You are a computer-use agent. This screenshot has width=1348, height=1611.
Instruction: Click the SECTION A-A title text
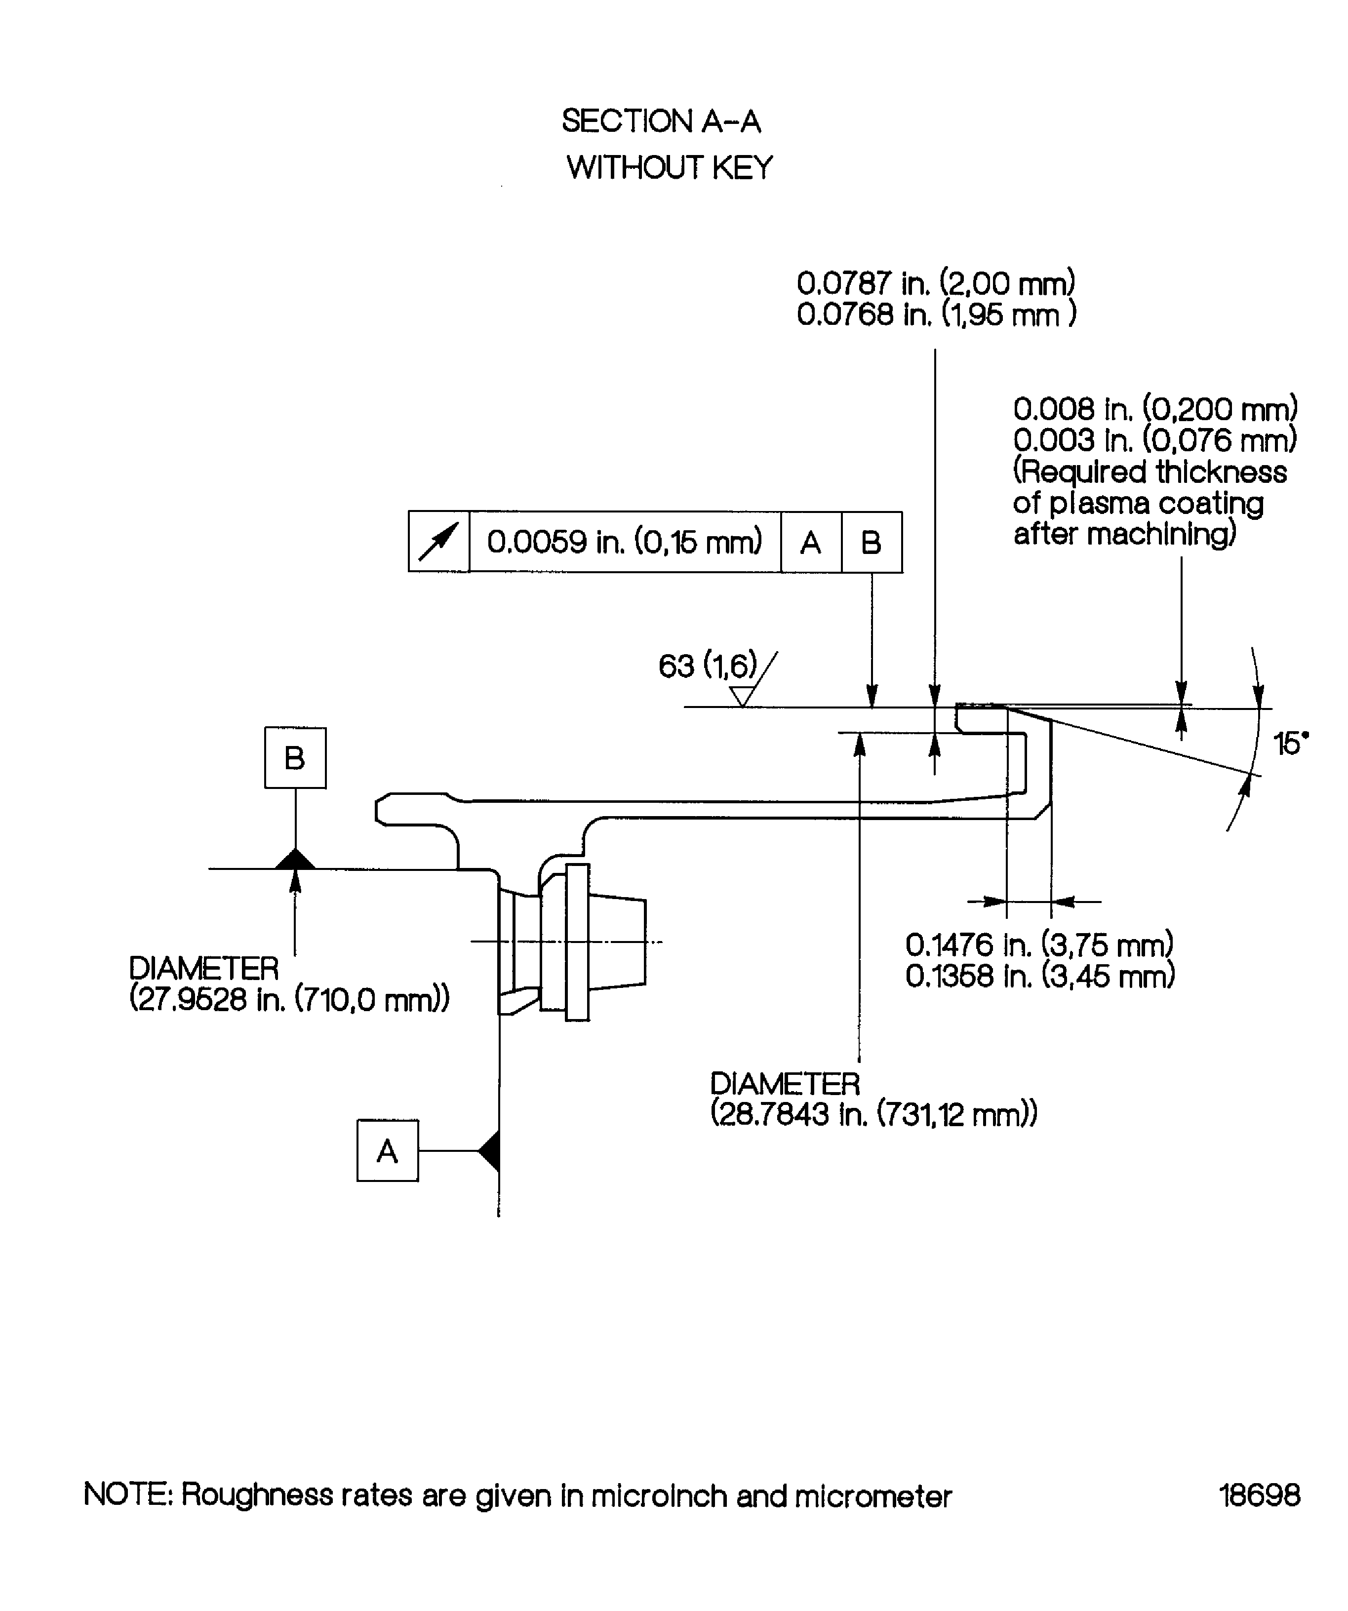click(x=661, y=121)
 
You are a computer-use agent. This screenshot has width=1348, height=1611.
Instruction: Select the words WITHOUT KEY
click(x=669, y=167)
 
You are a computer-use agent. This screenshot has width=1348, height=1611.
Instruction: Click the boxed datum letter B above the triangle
click(x=295, y=757)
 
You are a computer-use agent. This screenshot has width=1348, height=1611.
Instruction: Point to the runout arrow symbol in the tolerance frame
click(x=438, y=542)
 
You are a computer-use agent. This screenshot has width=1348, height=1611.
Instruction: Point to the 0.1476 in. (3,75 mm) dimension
click(x=1039, y=944)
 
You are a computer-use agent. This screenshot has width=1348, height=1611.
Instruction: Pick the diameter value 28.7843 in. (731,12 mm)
click(x=873, y=1114)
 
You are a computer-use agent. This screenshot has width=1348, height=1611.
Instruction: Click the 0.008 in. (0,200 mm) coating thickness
click(x=1154, y=409)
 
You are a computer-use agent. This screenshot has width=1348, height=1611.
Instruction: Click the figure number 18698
click(x=1259, y=1495)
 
